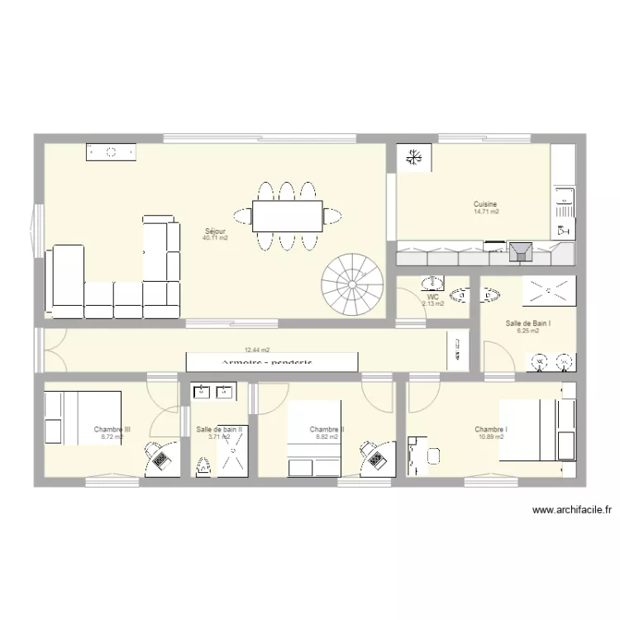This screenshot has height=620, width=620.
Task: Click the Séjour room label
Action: click(215, 231)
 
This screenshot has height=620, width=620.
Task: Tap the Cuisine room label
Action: click(485, 204)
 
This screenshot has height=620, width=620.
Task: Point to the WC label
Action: click(432, 297)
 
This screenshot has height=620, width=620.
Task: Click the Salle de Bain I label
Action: click(528, 323)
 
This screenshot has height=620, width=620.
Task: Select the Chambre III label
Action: click(112, 429)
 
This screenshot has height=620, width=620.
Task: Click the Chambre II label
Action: click(327, 429)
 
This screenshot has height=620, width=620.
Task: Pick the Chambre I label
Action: click(491, 429)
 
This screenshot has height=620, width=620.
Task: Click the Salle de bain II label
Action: click(219, 429)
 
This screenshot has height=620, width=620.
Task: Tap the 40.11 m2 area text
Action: click(215, 238)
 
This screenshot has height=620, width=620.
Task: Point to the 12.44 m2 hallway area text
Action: click(256, 351)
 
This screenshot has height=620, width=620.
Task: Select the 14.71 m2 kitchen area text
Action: click(486, 212)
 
